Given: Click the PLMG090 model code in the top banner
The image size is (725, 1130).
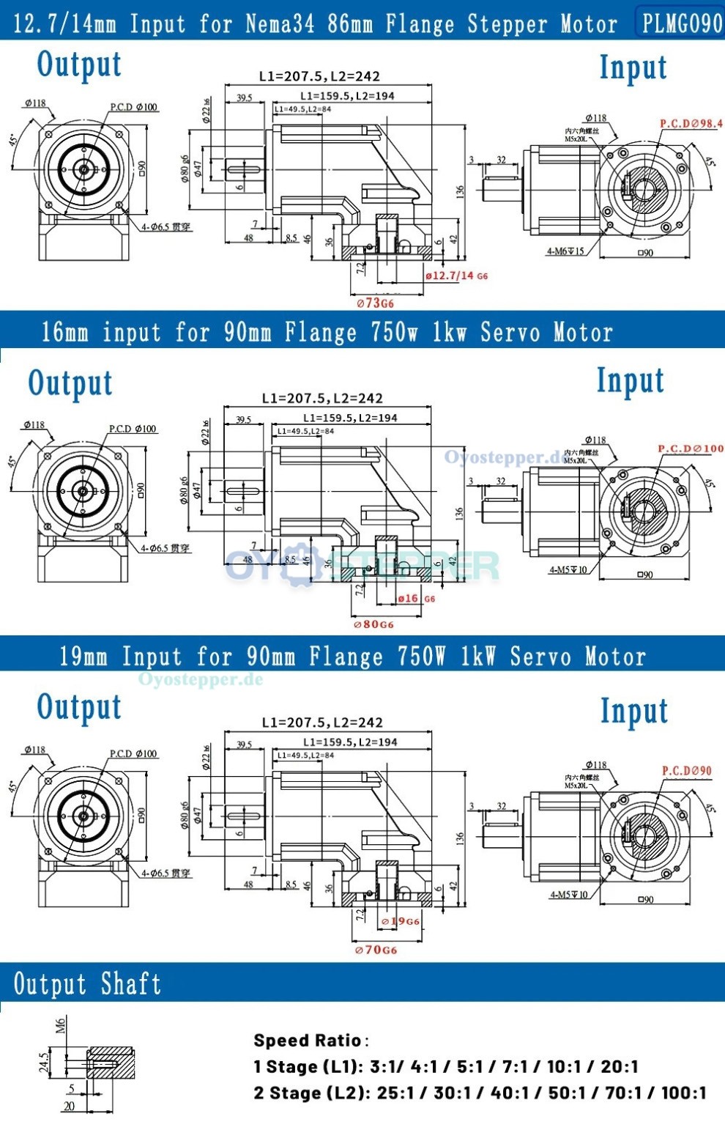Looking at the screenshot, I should pos(682,23).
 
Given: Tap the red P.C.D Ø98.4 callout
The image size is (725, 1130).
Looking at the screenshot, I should pos(691,124).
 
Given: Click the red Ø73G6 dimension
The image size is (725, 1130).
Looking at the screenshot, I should pos(375,303).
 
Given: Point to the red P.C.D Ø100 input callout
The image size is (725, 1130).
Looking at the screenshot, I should pos(691,448).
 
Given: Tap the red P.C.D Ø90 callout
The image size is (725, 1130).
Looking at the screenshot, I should pos(686,770).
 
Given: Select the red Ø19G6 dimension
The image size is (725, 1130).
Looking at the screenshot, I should pos(401,921).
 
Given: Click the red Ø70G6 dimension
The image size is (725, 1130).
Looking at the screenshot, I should pos(376,950).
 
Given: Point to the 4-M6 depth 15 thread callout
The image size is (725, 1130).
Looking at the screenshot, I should pos(565,251).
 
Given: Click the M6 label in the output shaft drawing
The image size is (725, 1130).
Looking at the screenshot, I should pos(61,1025).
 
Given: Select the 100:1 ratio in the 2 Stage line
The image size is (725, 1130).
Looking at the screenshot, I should pos(684,1093).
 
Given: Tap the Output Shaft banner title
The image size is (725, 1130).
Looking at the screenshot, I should pos(88,983).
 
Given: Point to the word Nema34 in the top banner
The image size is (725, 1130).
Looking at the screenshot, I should pos(280,23).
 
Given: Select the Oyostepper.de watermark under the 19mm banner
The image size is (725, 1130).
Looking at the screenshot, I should pos(200,679).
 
